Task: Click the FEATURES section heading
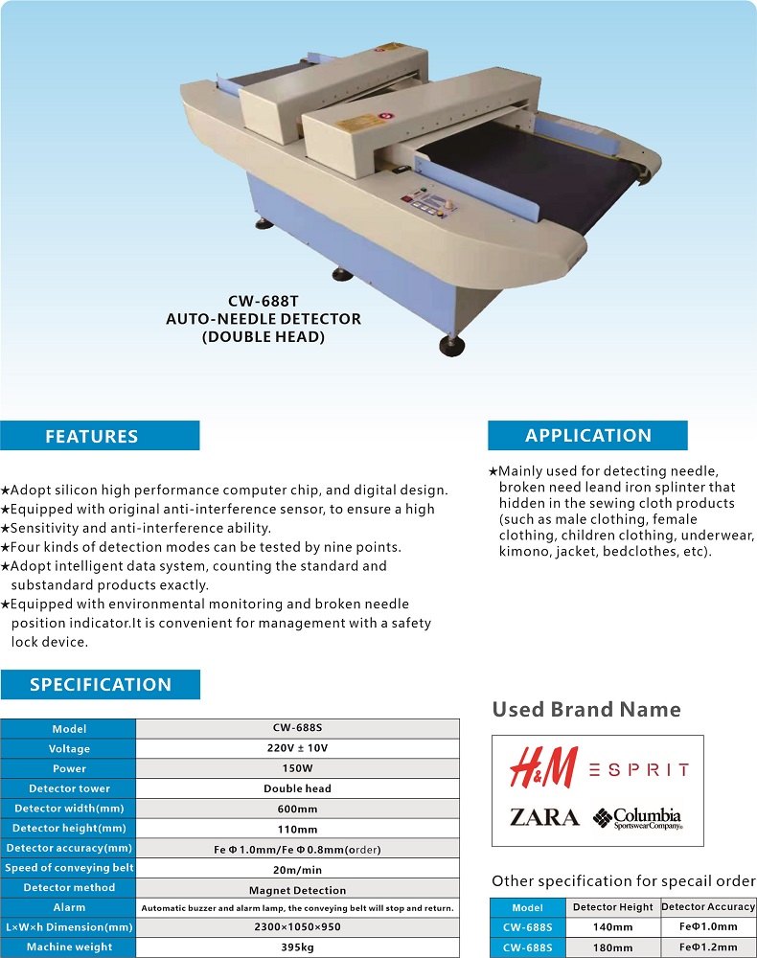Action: pos(92,437)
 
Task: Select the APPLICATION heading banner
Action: pos(587,436)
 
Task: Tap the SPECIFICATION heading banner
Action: pos(101,685)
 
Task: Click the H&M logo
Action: pos(543,768)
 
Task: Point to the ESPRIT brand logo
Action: pos(638,769)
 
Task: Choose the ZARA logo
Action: pos(544,817)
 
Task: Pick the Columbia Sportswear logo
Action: pos(637,818)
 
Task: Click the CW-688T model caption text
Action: pos(263,301)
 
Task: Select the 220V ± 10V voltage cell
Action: pos(297,748)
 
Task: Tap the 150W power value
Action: pos(297,768)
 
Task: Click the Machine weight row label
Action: pos(69,947)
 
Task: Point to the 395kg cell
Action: pos(297,947)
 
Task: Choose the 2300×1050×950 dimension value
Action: pos(297,927)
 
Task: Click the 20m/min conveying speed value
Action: pos(297,868)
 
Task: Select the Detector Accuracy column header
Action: pos(708,907)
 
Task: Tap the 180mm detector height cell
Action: pos(613,947)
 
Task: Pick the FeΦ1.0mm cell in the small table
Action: pos(708,926)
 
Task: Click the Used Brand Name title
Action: pos(586,710)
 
